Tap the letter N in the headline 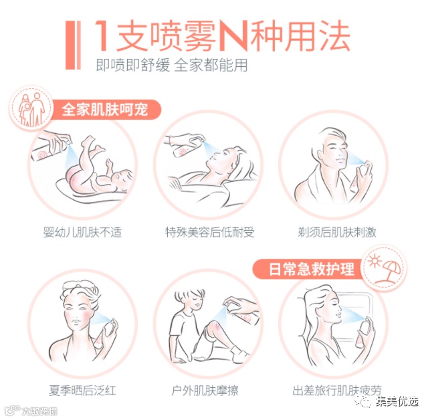[235, 36]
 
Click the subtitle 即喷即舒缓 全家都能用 [172, 66]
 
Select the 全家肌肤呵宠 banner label [105, 110]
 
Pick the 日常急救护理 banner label [312, 269]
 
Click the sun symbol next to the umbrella [374, 260]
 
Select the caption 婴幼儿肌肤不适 [82, 232]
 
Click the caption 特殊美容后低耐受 [210, 232]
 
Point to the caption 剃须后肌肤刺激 [337, 232]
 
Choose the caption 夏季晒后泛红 [82, 390]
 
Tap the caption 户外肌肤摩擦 [205, 390]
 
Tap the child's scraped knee [215, 328]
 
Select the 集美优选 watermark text [397, 401]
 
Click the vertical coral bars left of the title [73, 45]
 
